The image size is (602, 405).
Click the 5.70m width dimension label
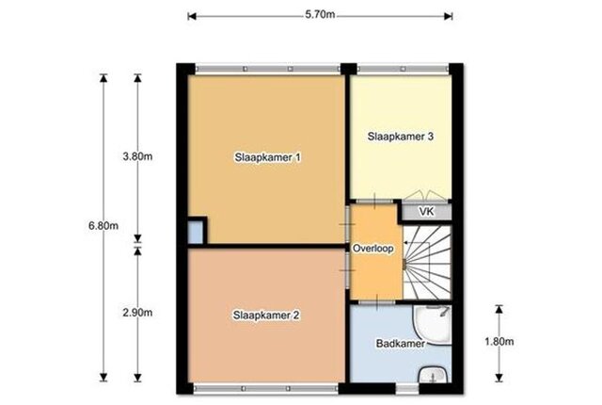point(320,15)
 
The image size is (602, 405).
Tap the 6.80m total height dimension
point(103,225)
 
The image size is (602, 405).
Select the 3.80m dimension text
point(137,156)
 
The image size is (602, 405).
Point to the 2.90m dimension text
point(137,313)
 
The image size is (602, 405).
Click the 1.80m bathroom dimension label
point(499,341)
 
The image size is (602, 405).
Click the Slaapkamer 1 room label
point(267,157)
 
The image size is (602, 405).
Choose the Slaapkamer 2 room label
point(266,316)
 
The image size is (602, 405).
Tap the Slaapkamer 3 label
point(401,137)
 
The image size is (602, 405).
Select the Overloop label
point(373,249)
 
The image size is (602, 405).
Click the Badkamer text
point(401,343)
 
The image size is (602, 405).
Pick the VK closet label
point(426,211)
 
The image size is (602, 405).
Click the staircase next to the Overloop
point(427,262)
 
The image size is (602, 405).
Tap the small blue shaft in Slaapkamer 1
point(196,233)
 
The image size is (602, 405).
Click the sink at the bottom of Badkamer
point(434,374)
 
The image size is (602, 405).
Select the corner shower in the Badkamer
point(433,325)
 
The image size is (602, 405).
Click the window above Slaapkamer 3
point(403,69)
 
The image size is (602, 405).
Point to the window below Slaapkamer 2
point(265,388)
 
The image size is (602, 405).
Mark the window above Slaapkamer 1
point(267,69)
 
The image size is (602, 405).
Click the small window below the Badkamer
point(407,389)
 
